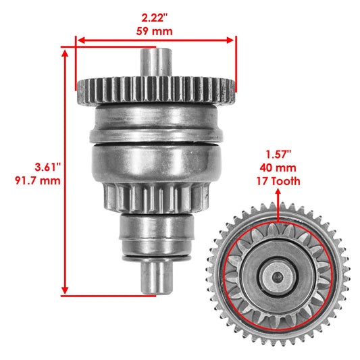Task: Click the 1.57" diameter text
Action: pos(278,155)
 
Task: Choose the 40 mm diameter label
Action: pos(278,168)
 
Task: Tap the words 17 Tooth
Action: pos(278,181)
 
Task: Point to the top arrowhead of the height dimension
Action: pos(66,51)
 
